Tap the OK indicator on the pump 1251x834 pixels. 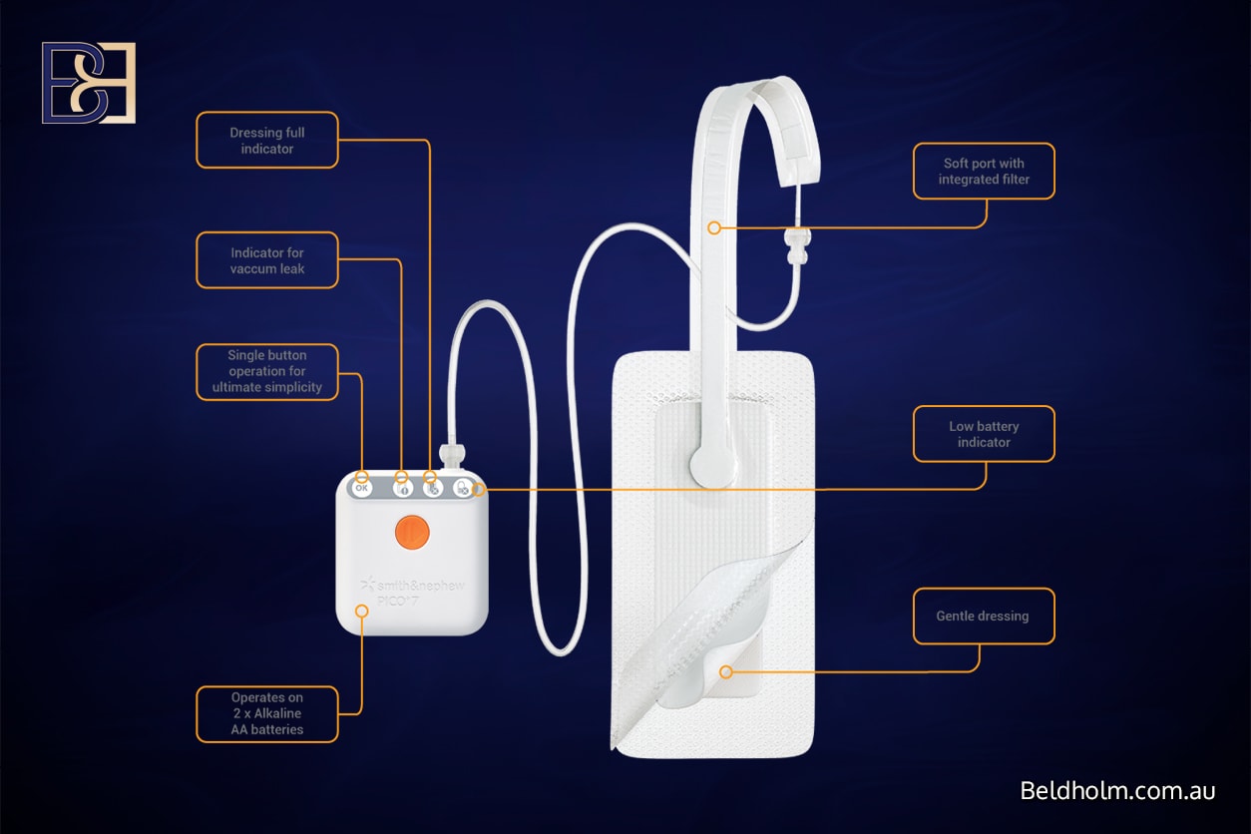click(x=362, y=488)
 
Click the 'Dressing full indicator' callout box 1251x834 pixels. click(x=267, y=140)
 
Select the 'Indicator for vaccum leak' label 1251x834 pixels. click(x=267, y=260)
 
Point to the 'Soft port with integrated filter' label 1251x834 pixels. click(x=984, y=172)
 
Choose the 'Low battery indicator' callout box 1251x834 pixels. click(x=984, y=434)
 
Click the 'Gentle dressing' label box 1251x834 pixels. click(x=983, y=616)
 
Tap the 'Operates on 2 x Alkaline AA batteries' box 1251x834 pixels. click(x=267, y=713)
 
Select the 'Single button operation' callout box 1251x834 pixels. click(x=267, y=371)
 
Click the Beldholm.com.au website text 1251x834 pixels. click(x=1117, y=791)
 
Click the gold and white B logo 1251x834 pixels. click(x=89, y=83)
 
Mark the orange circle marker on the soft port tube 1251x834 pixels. click(x=714, y=228)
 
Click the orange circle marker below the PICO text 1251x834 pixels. click(x=362, y=611)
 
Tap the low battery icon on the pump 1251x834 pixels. click(x=463, y=488)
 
